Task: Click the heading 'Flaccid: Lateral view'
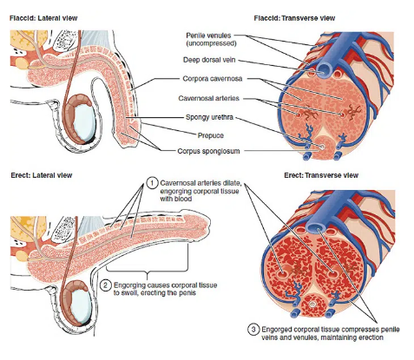coord(43,18)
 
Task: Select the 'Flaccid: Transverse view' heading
coord(294,18)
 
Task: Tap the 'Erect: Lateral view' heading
coord(42,175)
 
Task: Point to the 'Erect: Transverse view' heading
coord(321,175)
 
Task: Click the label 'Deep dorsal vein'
coord(209,60)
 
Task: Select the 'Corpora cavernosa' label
coord(213,79)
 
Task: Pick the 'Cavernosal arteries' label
coord(208,98)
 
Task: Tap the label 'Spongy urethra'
coord(209,117)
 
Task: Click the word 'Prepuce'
coord(211,135)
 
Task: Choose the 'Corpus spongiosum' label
coord(208,151)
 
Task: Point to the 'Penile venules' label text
coord(208,36)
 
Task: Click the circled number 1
coord(152,183)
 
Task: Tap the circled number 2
coord(106,285)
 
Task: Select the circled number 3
coord(253,330)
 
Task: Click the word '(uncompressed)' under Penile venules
coord(211,43)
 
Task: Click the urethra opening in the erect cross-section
coord(312,304)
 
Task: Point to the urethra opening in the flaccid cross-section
coord(322,147)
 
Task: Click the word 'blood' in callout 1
coord(184,199)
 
